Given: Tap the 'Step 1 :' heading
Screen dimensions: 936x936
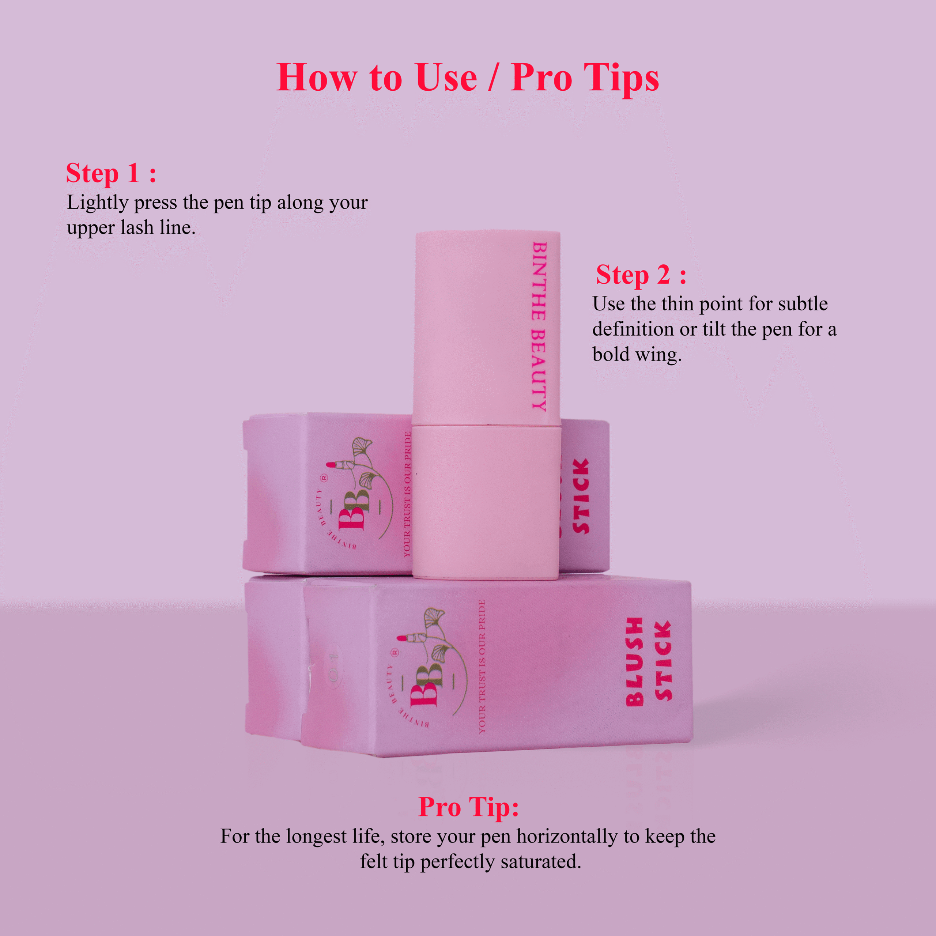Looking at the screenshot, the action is tap(111, 173).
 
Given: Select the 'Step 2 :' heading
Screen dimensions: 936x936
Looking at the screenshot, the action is tap(641, 275).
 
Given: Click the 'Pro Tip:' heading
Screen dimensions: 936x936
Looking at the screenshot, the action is tap(468, 807).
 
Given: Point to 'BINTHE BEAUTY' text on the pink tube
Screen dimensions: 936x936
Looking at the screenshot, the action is tap(539, 326).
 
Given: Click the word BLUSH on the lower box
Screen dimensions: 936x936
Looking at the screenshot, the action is tap(634, 661).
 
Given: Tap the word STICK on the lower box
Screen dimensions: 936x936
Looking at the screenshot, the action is tap(663, 661).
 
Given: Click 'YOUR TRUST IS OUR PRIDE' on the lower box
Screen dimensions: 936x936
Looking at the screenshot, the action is tap(482, 667).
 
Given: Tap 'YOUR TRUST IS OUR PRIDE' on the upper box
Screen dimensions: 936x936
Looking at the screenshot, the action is tap(407, 494).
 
